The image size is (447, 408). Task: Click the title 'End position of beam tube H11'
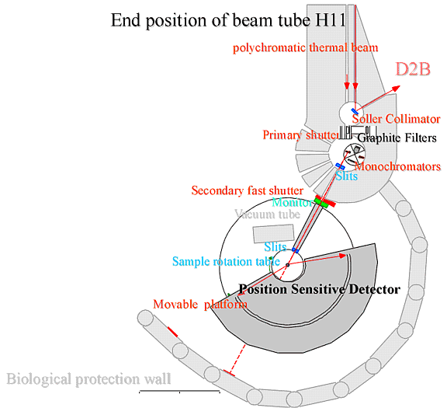pyautogui.click(x=228, y=20)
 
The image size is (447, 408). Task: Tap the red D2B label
pyautogui.click(x=413, y=69)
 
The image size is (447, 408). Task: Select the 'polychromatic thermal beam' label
pyautogui.click(x=305, y=47)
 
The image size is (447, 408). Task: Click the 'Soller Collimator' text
pyautogui.click(x=397, y=119)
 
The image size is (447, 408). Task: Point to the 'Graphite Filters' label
pyautogui.click(x=397, y=138)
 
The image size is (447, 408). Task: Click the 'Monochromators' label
pyautogui.click(x=398, y=166)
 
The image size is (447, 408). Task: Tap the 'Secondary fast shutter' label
pyautogui.click(x=247, y=190)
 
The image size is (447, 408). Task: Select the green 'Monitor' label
pyautogui.click(x=293, y=202)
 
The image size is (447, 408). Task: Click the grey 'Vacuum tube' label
pyautogui.click(x=268, y=214)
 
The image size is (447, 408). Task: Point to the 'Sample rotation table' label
pyautogui.click(x=226, y=262)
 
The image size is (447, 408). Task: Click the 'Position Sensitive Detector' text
pyautogui.click(x=320, y=290)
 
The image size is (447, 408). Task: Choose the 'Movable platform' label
pyautogui.click(x=200, y=305)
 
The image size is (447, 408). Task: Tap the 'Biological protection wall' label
pyautogui.click(x=88, y=379)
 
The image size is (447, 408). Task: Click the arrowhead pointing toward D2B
pyautogui.click(x=396, y=89)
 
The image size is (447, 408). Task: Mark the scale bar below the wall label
pyautogui.click(x=179, y=391)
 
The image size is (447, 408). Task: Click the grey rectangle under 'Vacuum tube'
pyautogui.click(x=274, y=234)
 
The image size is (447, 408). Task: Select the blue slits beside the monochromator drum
pyautogui.click(x=340, y=166)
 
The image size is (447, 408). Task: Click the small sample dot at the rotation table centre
pyautogui.click(x=288, y=265)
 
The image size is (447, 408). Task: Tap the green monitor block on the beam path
pyautogui.click(x=321, y=202)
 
